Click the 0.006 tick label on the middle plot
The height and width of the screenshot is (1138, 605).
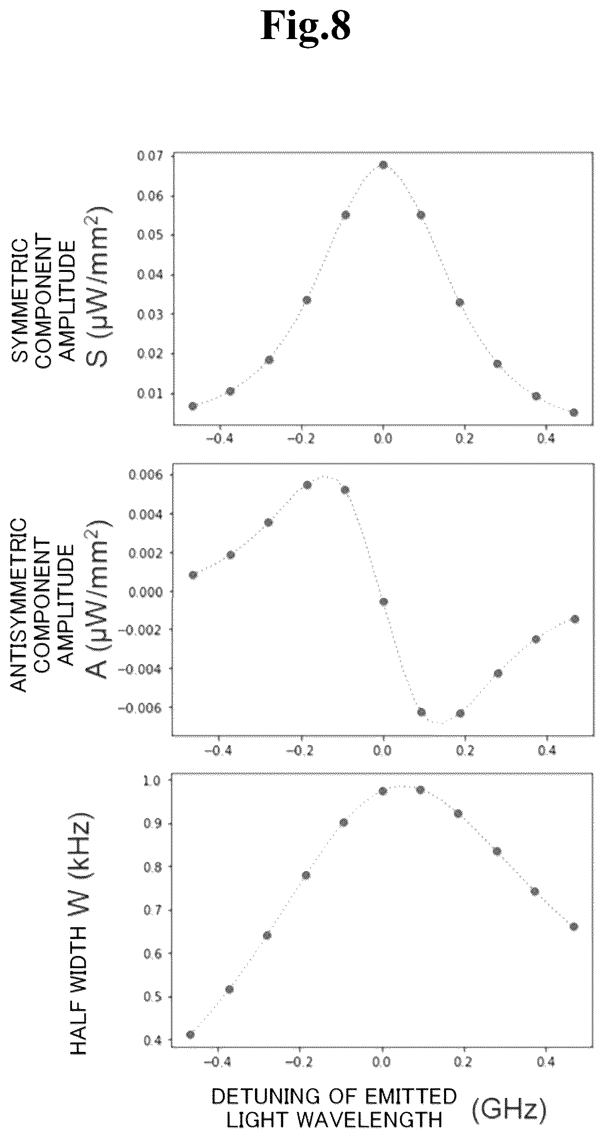(x=144, y=475)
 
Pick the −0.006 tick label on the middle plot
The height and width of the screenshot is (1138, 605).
(x=140, y=707)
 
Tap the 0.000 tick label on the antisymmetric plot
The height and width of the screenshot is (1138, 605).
(x=144, y=591)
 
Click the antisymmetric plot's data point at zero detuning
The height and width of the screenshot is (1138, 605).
(x=384, y=602)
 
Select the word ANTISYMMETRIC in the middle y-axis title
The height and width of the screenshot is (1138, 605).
(x=19, y=605)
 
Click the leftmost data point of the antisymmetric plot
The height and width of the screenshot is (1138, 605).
(x=193, y=575)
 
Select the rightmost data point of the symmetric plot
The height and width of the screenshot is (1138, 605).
(x=573, y=412)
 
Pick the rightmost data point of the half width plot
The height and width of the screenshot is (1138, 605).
(x=573, y=926)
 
